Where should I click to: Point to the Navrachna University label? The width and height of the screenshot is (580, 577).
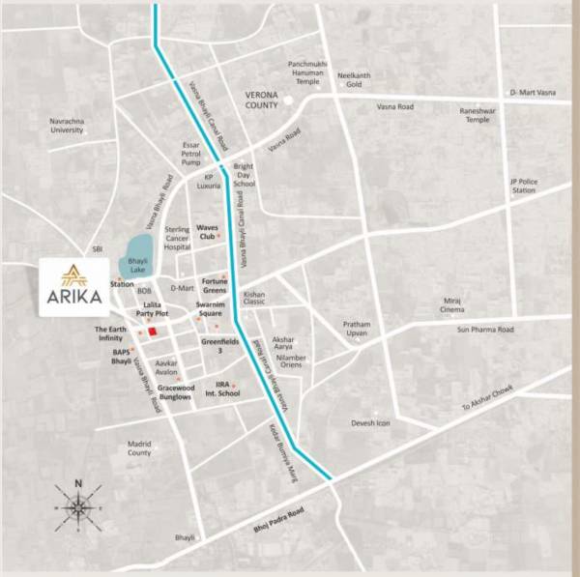tap(67, 125)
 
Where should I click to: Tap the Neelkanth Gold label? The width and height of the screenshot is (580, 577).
tap(354, 78)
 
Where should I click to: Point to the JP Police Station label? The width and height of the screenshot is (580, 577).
tap(523, 186)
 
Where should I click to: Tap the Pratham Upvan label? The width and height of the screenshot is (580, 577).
tap(358, 329)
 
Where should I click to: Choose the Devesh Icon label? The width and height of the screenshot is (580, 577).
tap(370, 423)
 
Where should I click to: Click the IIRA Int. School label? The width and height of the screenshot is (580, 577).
tap(227, 389)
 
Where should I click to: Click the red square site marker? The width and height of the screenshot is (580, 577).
tap(153, 332)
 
